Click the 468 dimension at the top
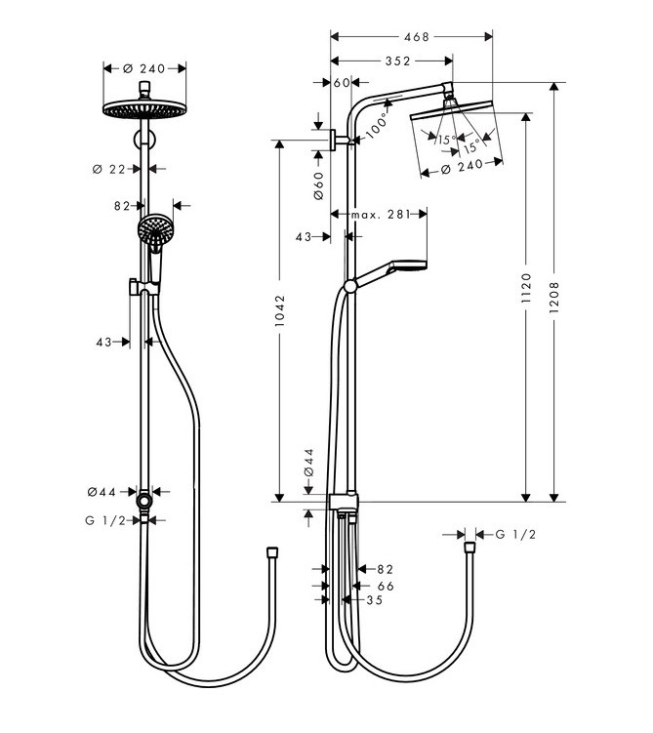pyautogui.click(x=416, y=36)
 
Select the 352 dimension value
pyautogui.click(x=397, y=61)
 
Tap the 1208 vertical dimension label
pyautogui.click(x=554, y=298)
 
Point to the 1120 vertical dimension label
pyautogui.click(x=527, y=288)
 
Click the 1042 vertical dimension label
pyautogui.click(x=279, y=310)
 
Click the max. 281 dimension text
pyautogui.click(x=381, y=214)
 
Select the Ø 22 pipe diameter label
pyautogui.click(x=109, y=169)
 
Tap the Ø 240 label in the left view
pyautogui.click(x=143, y=68)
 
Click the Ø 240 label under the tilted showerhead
pyautogui.click(x=462, y=167)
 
